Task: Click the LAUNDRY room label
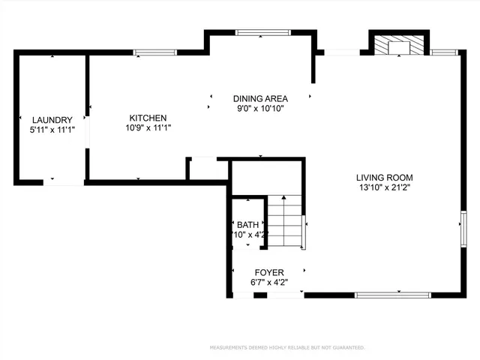tap(52, 120)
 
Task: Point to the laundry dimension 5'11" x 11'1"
tap(52, 130)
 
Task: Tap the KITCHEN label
tap(148, 118)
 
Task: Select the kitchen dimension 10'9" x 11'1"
tap(148, 127)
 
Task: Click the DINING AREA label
tap(260, 98)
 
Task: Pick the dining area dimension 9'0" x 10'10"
tap(260, 108)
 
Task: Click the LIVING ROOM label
tap(383, 178)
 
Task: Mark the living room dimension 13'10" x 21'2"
tap(383, 187)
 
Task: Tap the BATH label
tap(247, 225)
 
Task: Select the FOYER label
tap(269, 272)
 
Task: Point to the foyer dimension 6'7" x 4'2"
tap(269, 283)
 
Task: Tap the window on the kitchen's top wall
tap(154, 52)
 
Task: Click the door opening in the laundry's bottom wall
tap(63, 182)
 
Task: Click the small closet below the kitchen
tap(208, 169)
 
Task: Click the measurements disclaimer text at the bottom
tap(286, 348)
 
